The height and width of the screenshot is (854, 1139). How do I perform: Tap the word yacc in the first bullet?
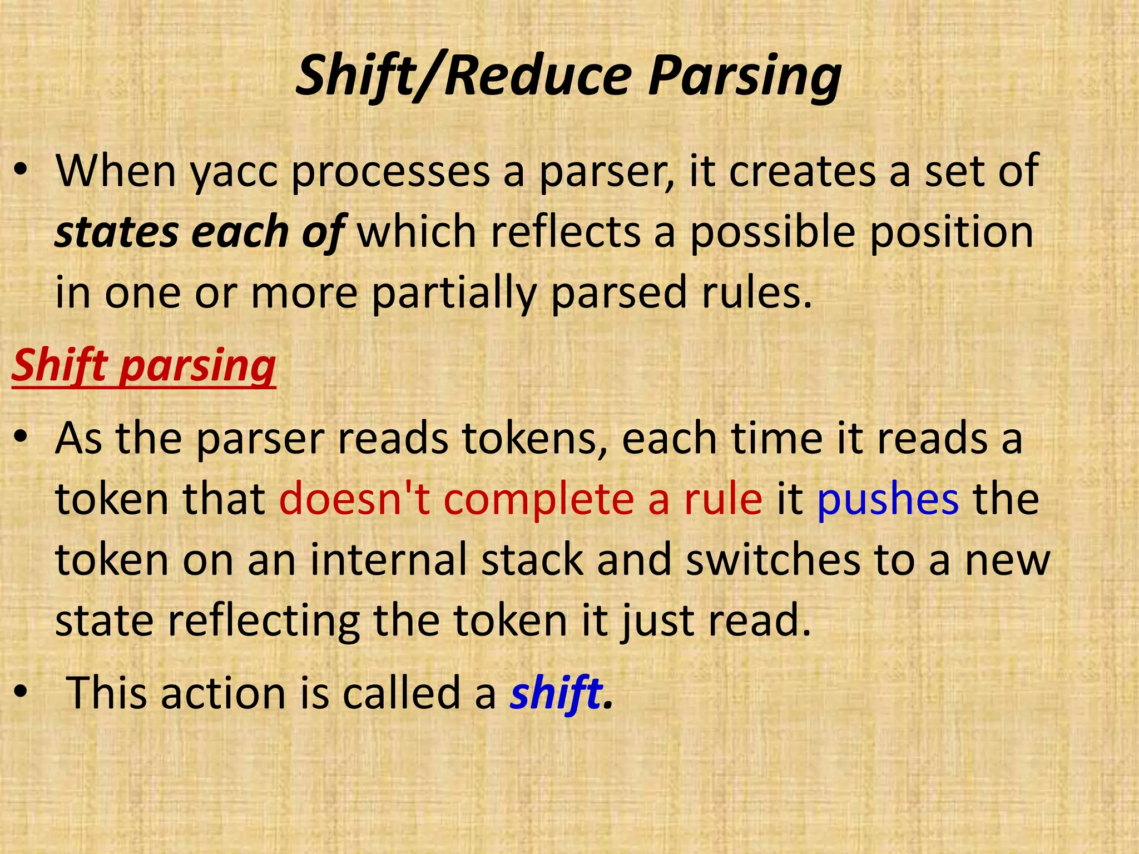pos(234,172)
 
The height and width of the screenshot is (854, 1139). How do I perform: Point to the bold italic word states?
pos(117,232)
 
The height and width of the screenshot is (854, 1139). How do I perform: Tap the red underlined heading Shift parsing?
pos(143,366)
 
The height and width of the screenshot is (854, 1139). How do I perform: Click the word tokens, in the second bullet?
pos(534,439)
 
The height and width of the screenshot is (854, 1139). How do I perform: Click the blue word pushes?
pos(888,499)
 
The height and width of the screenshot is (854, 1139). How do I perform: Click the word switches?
pos(773,560)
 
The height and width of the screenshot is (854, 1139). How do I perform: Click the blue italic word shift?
pos(556,693)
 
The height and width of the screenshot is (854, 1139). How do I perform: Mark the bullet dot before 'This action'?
pos(21,692)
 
